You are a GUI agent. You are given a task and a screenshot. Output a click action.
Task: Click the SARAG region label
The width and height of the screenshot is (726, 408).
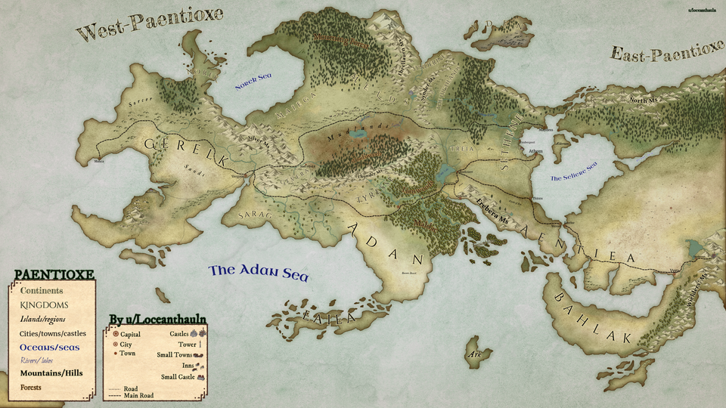(254, 216)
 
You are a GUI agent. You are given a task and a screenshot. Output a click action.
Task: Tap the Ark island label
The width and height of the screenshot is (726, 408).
(475, 353)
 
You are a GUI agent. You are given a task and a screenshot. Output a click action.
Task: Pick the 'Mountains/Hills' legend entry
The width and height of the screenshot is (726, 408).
(51, 373)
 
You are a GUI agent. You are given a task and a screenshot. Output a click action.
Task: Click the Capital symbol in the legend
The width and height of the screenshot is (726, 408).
(115, 333)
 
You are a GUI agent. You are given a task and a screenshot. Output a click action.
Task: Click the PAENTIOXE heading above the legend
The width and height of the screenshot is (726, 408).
(54, 274)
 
